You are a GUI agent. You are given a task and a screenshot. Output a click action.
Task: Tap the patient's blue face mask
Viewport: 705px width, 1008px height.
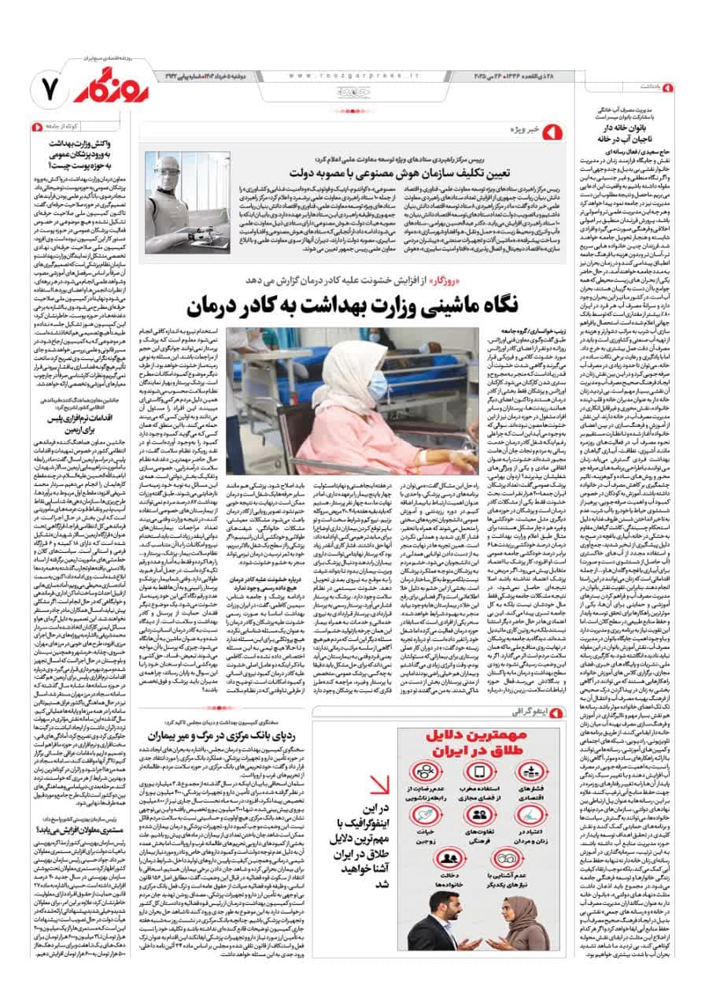(378, 386)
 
